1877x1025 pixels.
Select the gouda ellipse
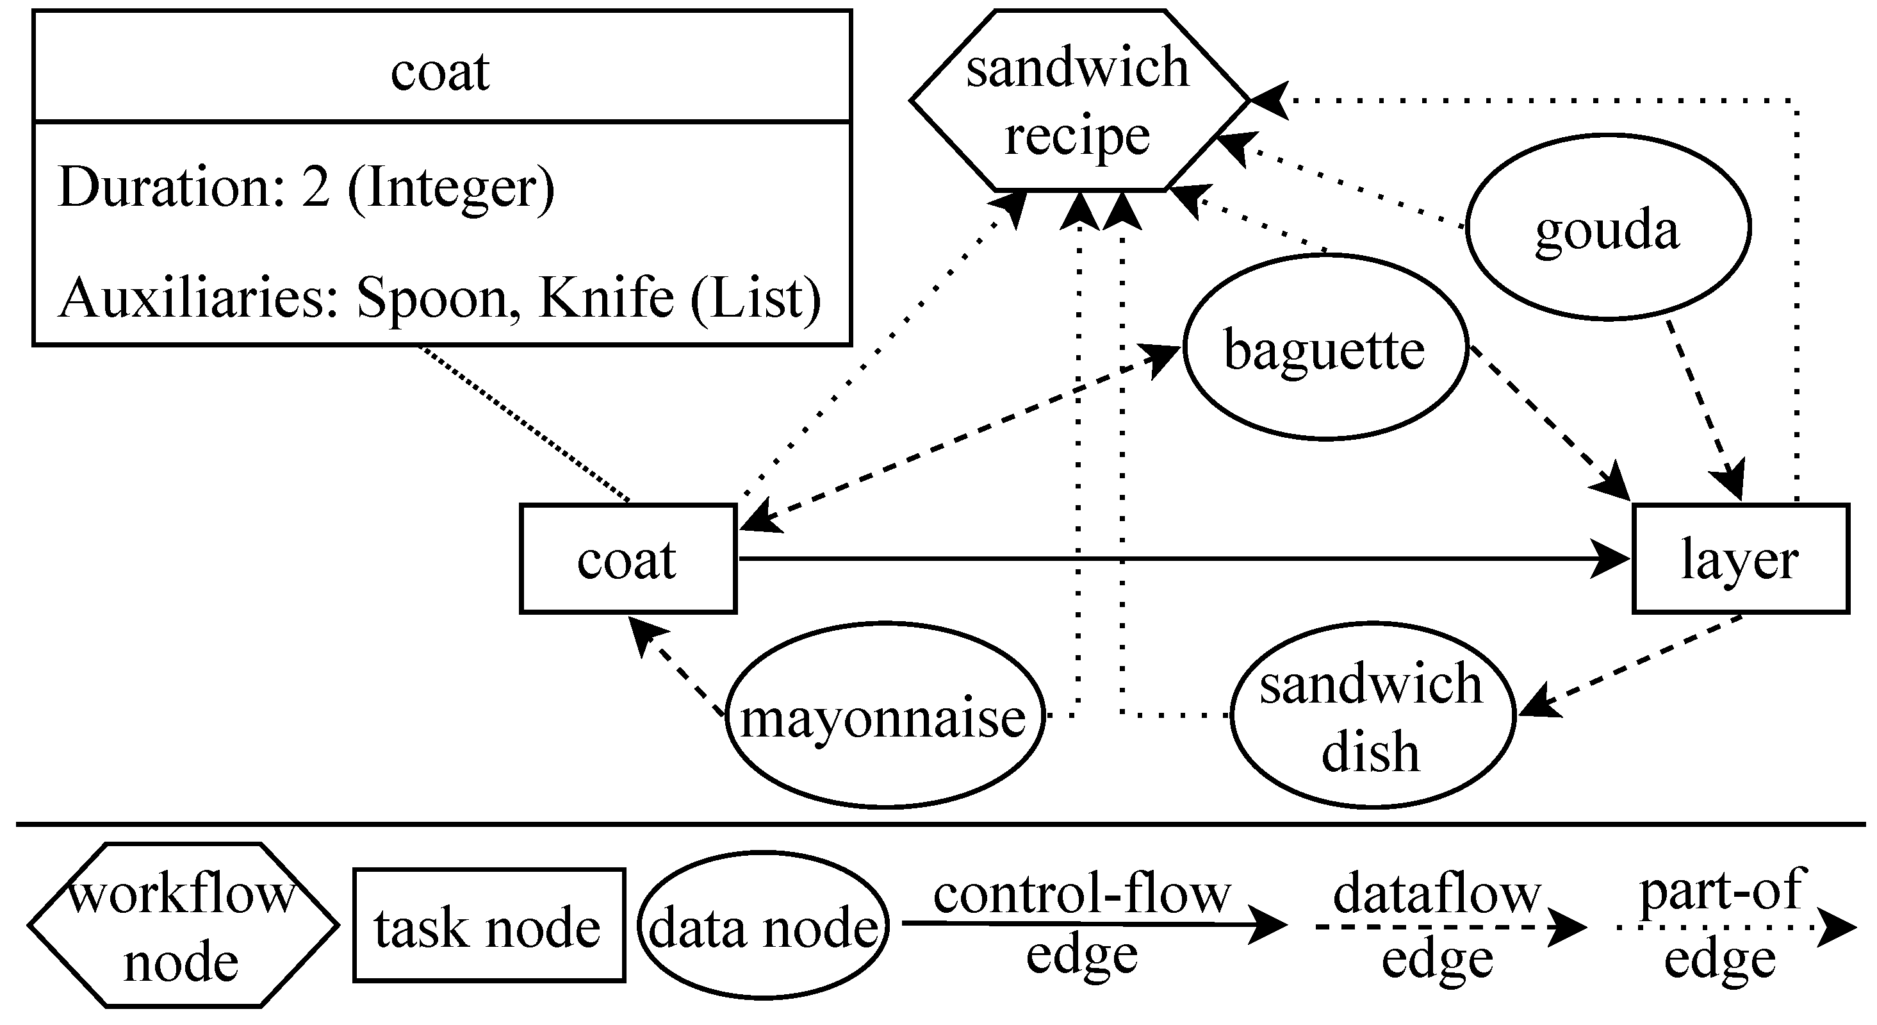(x=1607, y=228)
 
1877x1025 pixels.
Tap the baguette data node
(x=1325, y=347)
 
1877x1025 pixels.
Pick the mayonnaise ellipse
(x=883, y=716)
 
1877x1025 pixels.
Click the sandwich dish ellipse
(x=1372, y=716)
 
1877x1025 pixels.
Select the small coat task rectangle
(x=627, y=559)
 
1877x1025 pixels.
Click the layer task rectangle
(x=1740, y=559)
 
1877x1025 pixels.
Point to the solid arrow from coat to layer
(x=1166, y=559)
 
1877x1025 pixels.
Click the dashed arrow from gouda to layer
(x=1705, y=412)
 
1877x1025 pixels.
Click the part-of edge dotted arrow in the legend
(x=1734, y=928)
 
